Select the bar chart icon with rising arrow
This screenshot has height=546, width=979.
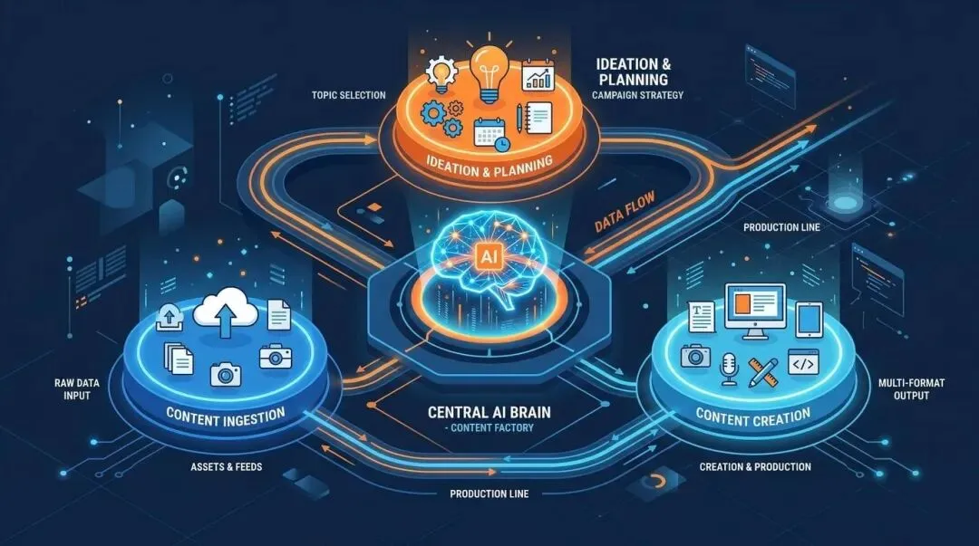[537, 75]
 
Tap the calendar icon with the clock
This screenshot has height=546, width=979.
[491, 133]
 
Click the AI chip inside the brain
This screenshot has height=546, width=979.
[489, 256]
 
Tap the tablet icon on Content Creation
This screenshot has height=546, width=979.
[809, 321]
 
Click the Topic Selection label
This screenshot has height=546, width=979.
[348, 95]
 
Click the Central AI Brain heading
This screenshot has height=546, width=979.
[489, 412]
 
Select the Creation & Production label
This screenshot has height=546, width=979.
[755, 466]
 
